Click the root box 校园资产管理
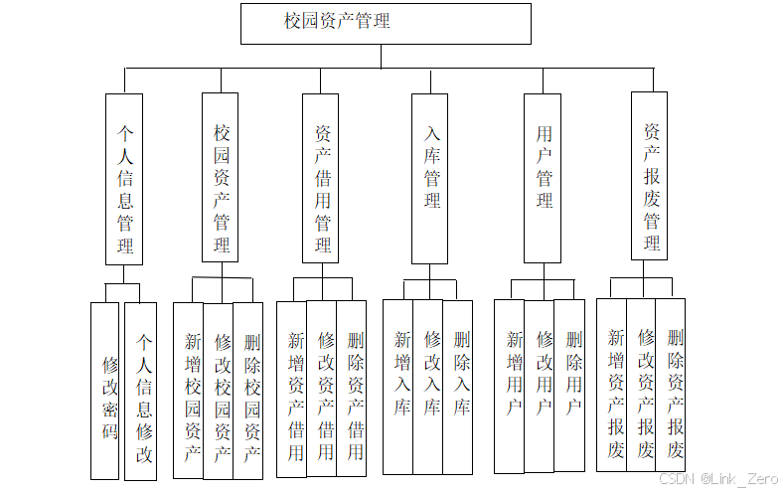(x=386, y=23)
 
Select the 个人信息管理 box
(x=124, y=179)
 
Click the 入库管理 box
(x=430, y=179)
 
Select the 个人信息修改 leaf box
(x=141, y=391)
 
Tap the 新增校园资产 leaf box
(x=189, y=391)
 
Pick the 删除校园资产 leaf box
(x=248, y=391)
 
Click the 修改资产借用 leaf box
(x=322, y=389)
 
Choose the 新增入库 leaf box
(x=398, y=386)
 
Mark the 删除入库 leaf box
(x=458, y=386)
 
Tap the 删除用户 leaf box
(x=570, y=386)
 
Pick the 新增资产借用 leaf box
(x=292, y=389)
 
